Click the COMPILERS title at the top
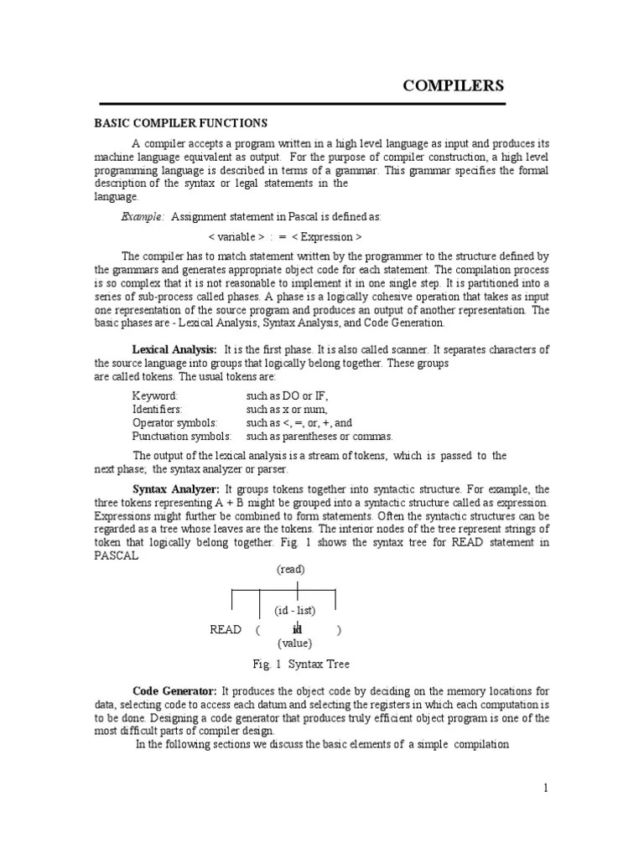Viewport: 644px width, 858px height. click(454, 85)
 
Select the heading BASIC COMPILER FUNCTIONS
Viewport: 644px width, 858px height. click(180, 123)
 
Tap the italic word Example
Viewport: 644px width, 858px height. click(143, 217)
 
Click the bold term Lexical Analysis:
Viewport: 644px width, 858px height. click(174, 349)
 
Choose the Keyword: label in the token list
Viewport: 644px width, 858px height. click(155, 395)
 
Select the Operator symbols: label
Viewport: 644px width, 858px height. click(174, 423)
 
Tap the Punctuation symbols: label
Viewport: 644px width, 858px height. click(182, 437)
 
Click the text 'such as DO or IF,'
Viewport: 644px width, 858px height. click(288, 395)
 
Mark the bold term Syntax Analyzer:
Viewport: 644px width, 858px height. click(176, 488)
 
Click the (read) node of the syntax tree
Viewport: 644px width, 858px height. click(291, 569)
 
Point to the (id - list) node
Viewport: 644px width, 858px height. click(294, 611)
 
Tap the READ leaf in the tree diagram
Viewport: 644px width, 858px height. click(226, 629)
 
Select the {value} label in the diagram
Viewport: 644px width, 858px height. click(294, 643)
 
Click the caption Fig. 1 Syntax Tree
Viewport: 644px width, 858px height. click(301, 664)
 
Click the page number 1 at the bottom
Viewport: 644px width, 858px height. click(545, 788)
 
